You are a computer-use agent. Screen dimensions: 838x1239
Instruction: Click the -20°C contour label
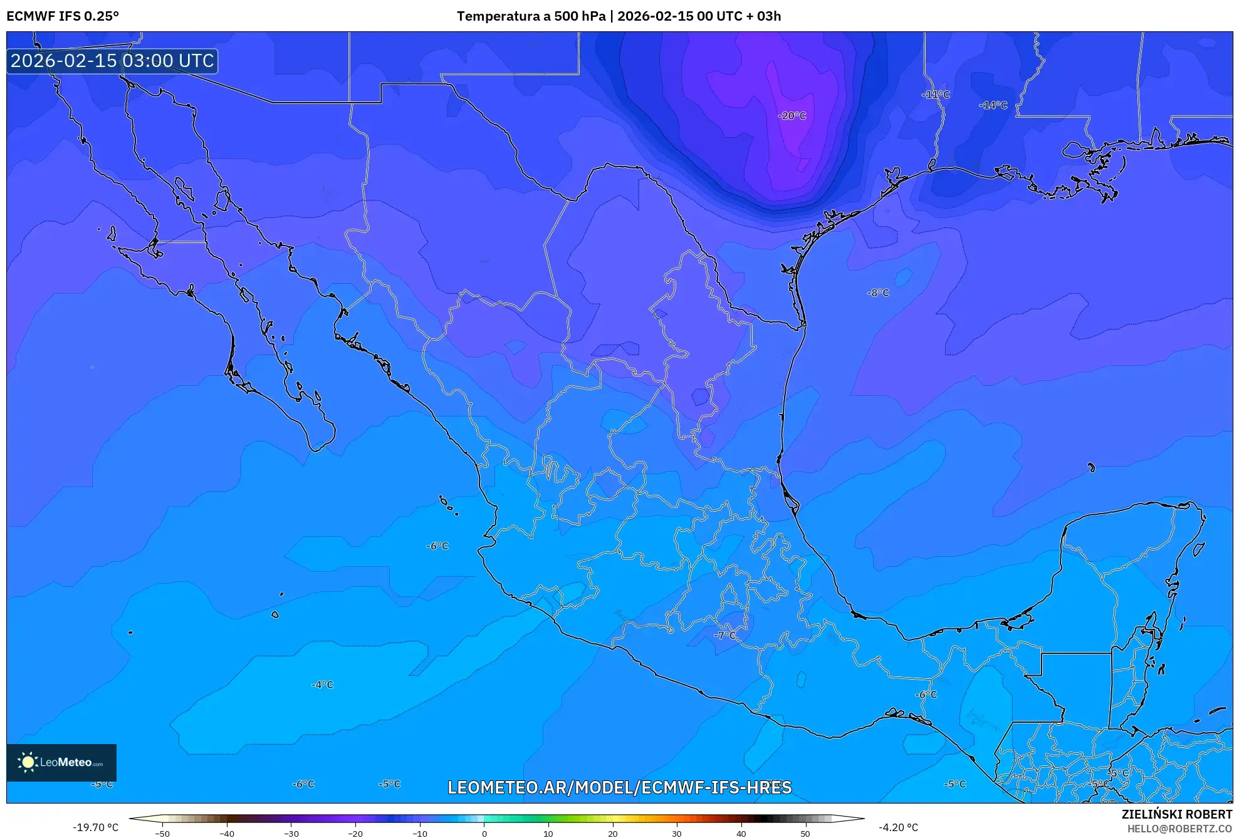point(792,116)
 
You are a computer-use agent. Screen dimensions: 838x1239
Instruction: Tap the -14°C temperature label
point(993,105)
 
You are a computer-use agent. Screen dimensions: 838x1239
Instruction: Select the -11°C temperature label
point(935,95)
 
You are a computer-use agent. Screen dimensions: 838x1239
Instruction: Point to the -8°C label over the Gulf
point(878,292)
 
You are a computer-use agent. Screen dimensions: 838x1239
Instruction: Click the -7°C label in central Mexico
point(725,635)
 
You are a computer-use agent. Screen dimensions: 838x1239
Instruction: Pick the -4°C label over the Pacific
point(322,685)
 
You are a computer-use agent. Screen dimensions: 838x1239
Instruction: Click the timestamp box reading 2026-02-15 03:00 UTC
point(112,61)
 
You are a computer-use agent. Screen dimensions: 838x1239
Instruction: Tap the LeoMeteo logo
point(61,762)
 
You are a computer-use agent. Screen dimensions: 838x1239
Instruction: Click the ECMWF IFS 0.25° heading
point(63,16)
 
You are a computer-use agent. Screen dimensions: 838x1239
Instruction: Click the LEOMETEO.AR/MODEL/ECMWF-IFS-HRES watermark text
point(619,787)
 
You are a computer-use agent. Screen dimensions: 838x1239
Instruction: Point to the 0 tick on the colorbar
point(484,833)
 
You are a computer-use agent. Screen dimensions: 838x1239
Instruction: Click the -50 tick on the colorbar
point(162,833)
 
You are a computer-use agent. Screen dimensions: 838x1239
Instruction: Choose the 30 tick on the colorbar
point(677,833)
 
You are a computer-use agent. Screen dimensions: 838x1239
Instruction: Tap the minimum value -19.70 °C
point(95,827)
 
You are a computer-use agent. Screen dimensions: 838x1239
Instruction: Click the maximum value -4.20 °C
point(898,827)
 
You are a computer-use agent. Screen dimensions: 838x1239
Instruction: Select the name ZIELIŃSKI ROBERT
point(1176,814)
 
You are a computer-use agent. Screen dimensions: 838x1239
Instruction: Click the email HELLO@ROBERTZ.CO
point(1179,829)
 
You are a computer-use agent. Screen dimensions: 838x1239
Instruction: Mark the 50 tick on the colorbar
point(805,833)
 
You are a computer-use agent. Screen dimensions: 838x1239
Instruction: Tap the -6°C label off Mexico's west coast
point(437,546)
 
